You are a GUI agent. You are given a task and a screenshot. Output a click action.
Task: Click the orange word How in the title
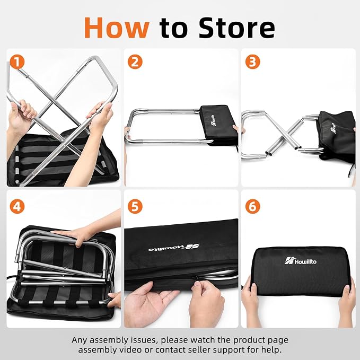[x=117, y=28]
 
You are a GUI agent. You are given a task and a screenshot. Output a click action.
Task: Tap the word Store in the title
[x=236, y=28]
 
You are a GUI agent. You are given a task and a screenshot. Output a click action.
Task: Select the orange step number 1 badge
[x=17, y=62]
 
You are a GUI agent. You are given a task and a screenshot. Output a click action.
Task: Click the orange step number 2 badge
[x=135, y=62]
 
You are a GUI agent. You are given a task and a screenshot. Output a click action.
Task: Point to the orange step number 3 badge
[x=252, y=62]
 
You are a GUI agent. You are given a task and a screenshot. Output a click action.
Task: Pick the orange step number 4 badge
[x=17, y=206]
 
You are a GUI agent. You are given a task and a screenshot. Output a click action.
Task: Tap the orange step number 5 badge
[x=135, y=206]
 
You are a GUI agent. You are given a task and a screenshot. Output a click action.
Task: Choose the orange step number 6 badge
[x=252, y=206]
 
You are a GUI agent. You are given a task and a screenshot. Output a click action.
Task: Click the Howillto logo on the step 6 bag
[x=300, y=261]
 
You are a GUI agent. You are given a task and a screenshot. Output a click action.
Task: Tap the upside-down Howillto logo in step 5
[x=174, y=248]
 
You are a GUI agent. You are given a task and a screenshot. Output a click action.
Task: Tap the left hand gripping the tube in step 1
[x=22, y=115]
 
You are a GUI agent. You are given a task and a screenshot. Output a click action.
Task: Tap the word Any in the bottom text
[x=80, y=340]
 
